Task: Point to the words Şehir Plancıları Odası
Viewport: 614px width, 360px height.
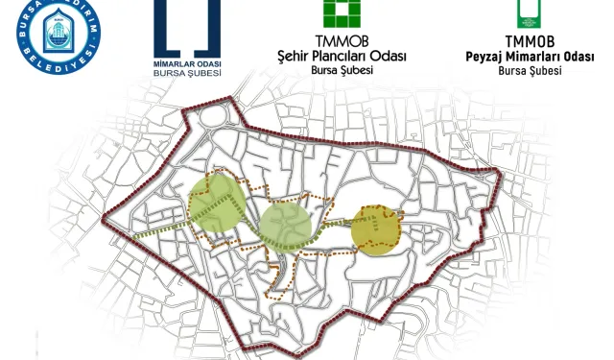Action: [341, 57]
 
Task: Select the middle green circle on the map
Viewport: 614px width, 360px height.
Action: [286, 227]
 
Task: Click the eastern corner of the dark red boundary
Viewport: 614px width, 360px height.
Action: [500, 175]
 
